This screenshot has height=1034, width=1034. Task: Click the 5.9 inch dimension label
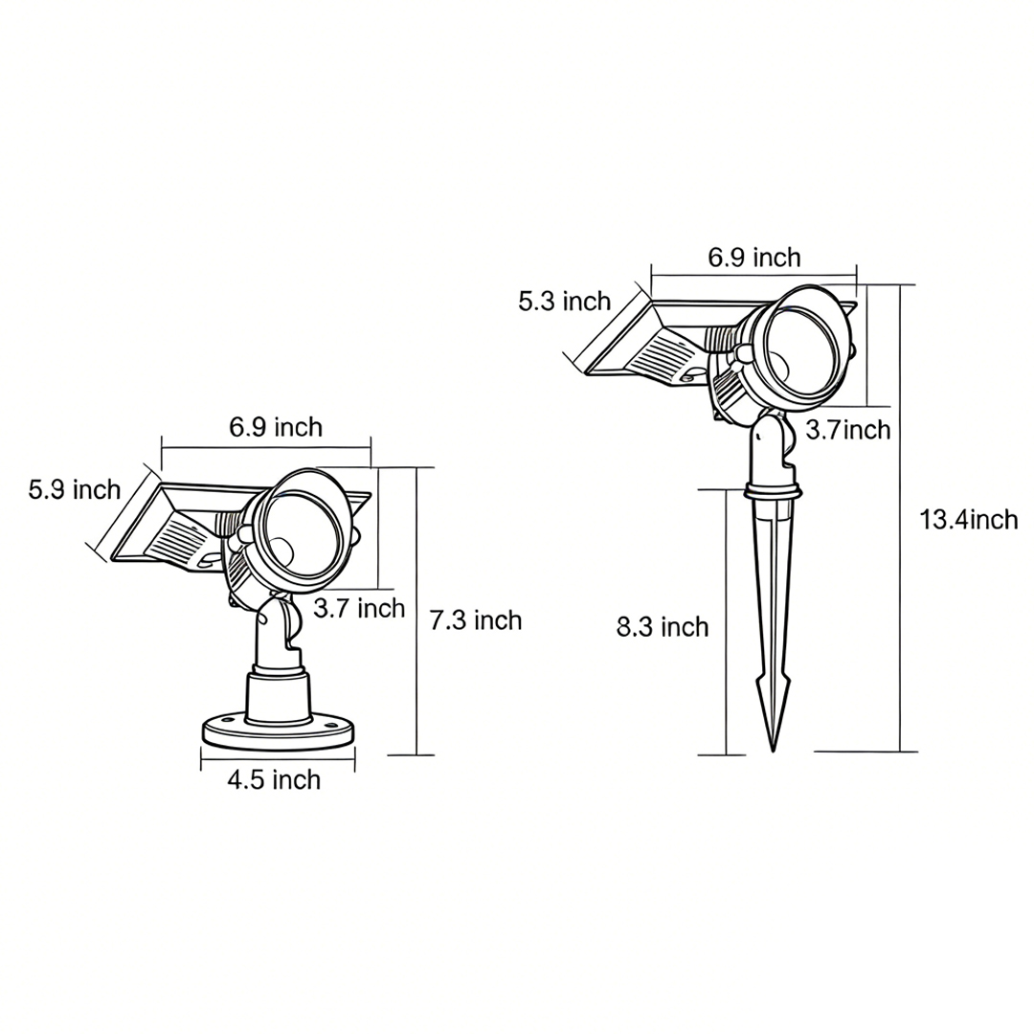[x=75, y=490]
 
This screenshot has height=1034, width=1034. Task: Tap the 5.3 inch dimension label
[x=564, y=302]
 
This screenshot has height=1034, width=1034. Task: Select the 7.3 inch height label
[x=476, y=620]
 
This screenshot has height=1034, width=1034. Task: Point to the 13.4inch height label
[x=968, y=520]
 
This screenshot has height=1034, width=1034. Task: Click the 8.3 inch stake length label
[x=663, y=627]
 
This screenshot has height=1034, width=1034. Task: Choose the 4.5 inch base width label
[x=274, y=780]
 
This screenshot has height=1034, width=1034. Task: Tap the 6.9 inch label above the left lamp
[x=276, y=427]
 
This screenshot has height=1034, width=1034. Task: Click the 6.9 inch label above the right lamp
[x=754, y=258]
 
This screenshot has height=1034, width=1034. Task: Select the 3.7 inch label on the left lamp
[x=359, y=608]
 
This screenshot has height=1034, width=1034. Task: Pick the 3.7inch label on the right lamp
[x=847, y=430]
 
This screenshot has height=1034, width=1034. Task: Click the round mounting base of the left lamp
[x=278, y=733]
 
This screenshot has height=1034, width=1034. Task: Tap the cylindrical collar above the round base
[x=278, y=695]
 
